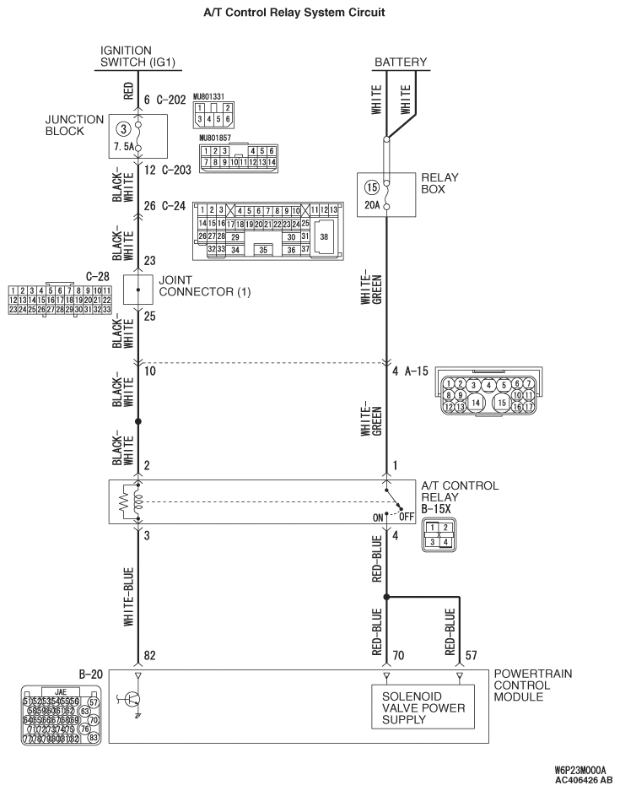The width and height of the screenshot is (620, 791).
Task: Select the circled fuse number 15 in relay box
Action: [x=370, y=187]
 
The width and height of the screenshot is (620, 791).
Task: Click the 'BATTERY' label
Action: [x=401, y=62]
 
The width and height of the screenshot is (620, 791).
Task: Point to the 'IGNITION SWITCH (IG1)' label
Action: [x=126, y=56]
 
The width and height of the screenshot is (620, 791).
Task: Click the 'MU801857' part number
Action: [x=216, y=136]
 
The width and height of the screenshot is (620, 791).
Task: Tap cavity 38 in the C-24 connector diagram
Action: [x=324, y=238]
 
